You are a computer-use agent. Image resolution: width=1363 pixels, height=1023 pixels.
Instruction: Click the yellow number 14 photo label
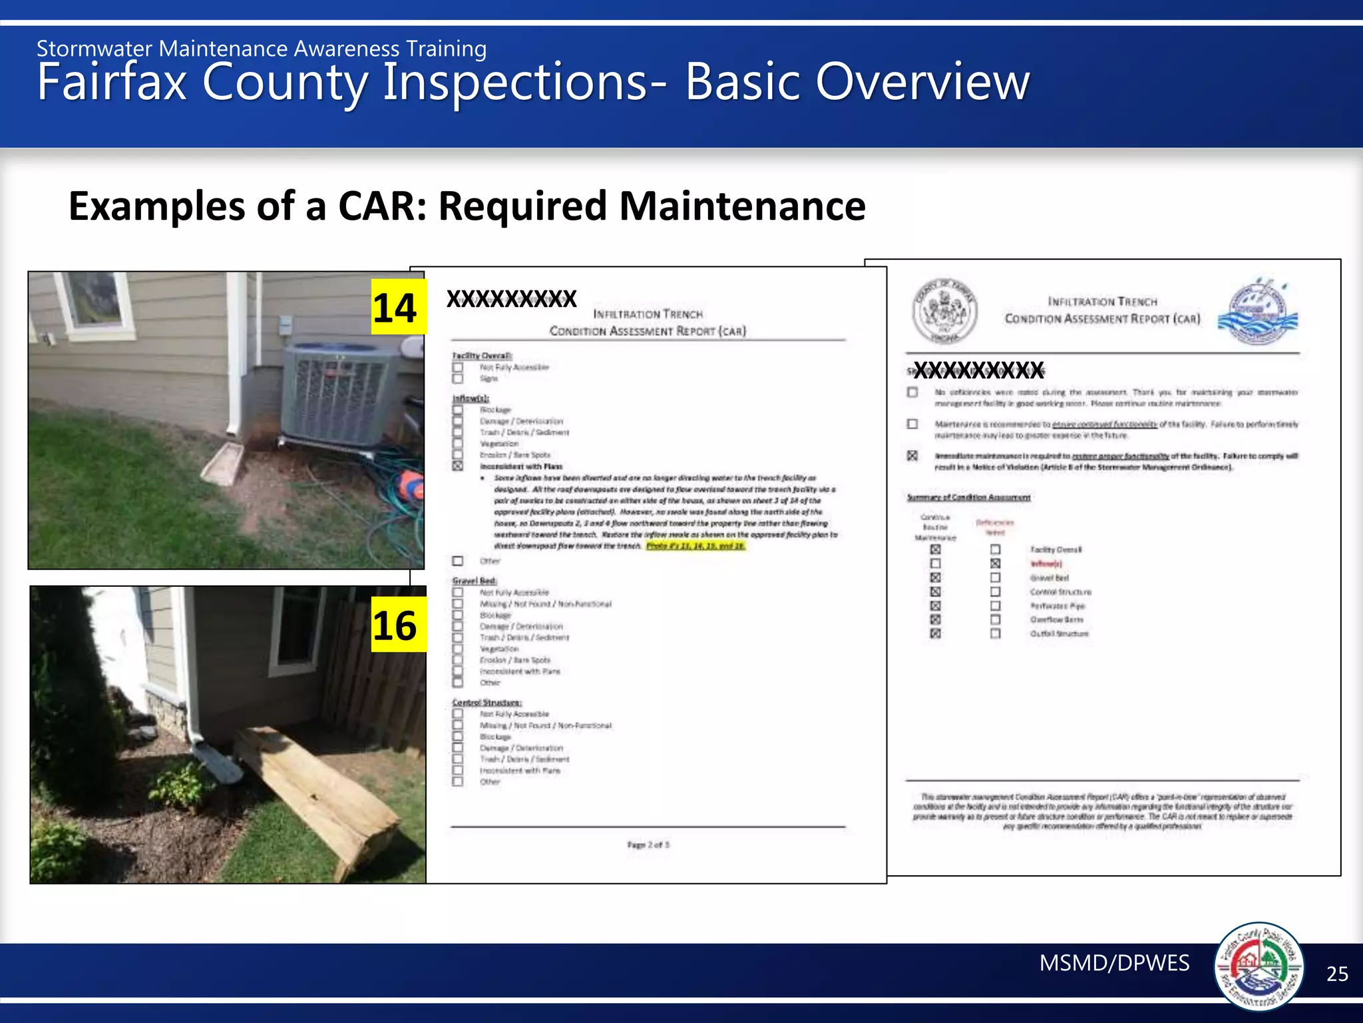pyautogui.click(x=397, y=308)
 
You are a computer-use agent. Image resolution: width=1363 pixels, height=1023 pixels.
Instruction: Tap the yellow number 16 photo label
pyautogui.click(x=397, y=625)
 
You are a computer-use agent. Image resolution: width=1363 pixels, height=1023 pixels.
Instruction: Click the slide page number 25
pyautogui.click(x=1337, y=974)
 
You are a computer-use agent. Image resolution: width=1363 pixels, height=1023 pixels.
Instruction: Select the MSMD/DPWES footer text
pyautogui.click(x=1114, y=963)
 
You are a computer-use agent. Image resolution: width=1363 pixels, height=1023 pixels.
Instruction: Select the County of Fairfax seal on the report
pyautogui.click(x=944, y=310)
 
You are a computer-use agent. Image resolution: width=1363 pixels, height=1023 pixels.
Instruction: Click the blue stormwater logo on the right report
pyautogui.click(x=1257, y=311)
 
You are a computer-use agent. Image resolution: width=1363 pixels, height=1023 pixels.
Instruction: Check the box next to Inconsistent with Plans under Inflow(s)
pyautogui.click(x=458, y=466)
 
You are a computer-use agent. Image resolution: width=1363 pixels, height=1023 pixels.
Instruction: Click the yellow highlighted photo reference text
pyautogui.click(x=695, y=546)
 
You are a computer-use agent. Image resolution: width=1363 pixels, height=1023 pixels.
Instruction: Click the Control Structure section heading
pyautogui.click(x=487, y=703)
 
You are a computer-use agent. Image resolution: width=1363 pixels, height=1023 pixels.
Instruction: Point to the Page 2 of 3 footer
pyautogui.click(x=648, y=845)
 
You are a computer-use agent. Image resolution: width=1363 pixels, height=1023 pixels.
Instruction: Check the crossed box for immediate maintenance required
pyautogui.click(x=912, y=456)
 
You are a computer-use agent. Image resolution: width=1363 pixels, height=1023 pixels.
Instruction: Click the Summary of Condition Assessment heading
pyautogui.click(x=968, y=498)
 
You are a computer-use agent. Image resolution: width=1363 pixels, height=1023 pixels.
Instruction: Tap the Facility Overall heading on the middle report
pyautogui.click(x=482, y=356)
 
